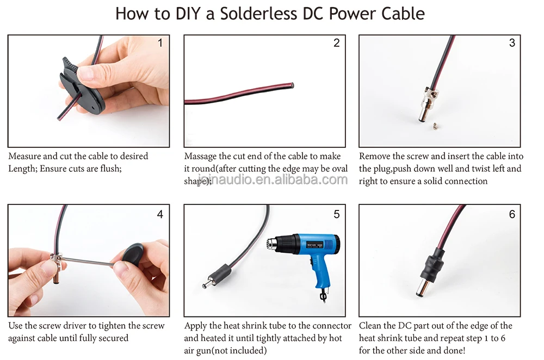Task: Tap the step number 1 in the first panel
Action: click(x=160, y=43)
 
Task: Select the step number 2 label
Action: click(x=337, y=43)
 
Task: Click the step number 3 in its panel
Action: click(x=512, y=43)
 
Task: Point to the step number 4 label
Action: click(x=160, y=214)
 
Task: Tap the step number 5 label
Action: click(x=337, y=214)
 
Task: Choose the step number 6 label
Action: click(x=512, y=214)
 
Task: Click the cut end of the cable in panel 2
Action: click(x=292, y=85)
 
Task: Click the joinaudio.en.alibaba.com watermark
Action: click(x=273, y=179)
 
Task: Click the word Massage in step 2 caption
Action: click(x=200, y=157)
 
